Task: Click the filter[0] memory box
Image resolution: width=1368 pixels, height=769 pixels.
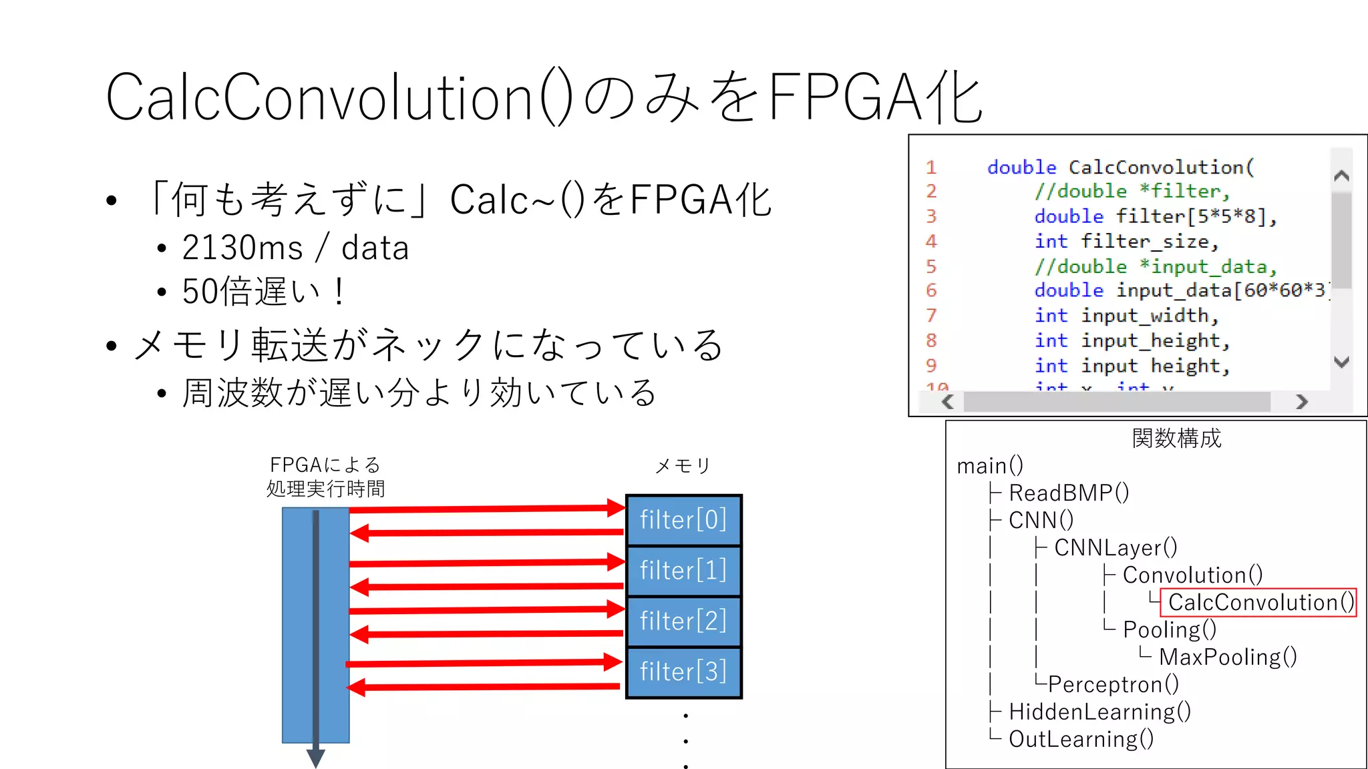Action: tap(683, 519)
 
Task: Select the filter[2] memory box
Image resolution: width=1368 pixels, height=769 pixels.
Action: tap(683, 621)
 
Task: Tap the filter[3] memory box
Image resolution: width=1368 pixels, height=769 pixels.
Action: tap(683, 672)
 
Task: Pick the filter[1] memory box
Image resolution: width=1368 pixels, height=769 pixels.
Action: tap(683, 570)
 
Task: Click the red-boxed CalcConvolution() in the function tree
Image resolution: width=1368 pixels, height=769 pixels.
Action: tap(1259, 602)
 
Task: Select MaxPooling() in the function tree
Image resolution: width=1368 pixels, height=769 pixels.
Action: tap(1228, 657)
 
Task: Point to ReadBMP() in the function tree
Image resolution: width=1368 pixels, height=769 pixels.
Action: tap(1069, 493)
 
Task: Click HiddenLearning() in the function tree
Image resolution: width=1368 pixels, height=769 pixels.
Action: tap(1099, 712)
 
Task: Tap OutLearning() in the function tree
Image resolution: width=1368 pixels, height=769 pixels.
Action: tap(1081, 739)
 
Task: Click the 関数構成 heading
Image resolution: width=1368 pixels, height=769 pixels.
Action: tap(1176, 439)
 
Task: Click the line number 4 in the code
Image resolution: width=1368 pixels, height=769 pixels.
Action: tap(931, 241)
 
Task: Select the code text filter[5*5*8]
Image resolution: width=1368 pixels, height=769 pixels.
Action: tap(1196, 216)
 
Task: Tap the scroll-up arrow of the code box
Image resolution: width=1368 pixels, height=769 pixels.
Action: tap(1341, 176)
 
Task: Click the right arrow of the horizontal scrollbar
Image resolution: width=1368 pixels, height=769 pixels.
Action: tap(1301, 402)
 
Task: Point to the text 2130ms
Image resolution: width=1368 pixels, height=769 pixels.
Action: tap(242, 248)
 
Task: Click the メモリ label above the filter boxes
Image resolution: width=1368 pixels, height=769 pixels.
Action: tap(683, 466)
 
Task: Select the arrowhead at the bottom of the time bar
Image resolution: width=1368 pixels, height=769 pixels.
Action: tap(315, 758)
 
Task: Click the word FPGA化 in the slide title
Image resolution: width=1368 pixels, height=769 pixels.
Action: tap(876, 97)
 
